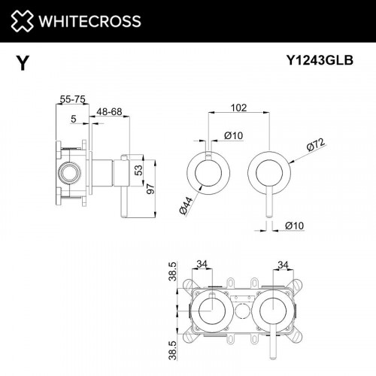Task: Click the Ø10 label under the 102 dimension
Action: pos(232,135)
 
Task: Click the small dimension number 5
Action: pos(73,118)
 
